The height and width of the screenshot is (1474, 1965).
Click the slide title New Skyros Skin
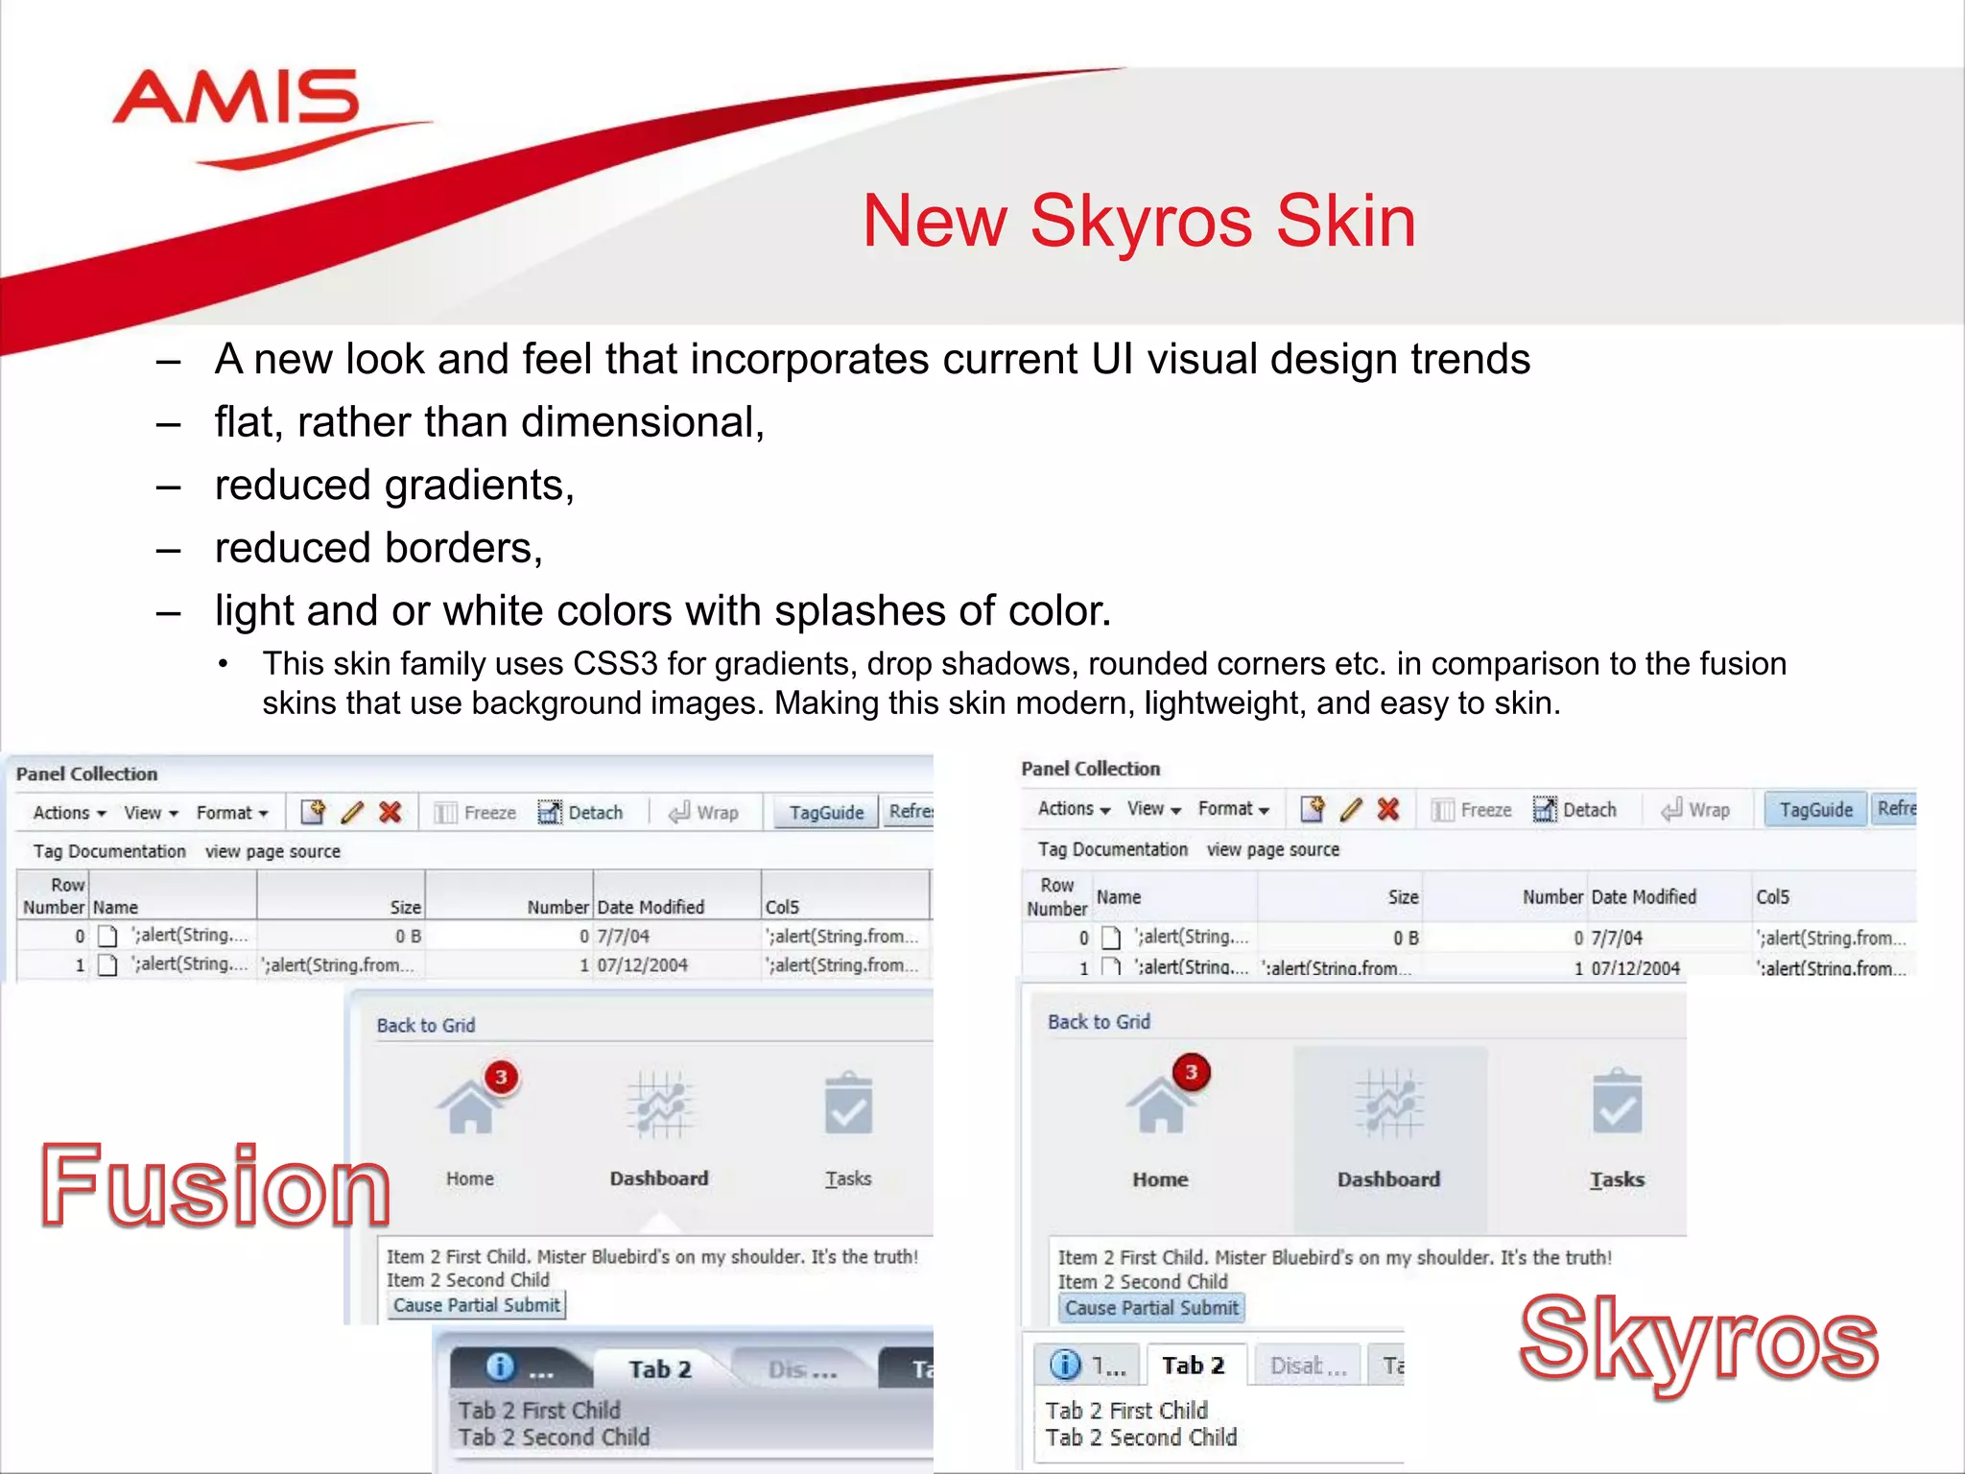click(x=1138, y=222)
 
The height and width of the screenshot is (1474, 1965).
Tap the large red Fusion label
click(x=215, y=1186)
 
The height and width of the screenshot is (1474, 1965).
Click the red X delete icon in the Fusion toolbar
click(x=390, y=813)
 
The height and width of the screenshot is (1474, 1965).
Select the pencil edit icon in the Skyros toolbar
click(x=1351, y=810)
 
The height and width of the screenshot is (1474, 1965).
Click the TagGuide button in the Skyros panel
click(x=1815, y=810)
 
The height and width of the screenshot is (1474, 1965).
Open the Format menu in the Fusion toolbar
click(x=231, y=813)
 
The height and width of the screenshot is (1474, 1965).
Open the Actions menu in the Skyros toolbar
click(x=1074, y=809)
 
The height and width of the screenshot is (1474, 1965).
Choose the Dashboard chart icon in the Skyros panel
click(x=1388, y=1105)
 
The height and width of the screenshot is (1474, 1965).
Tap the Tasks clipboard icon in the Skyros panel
click(x=1617, y=1104)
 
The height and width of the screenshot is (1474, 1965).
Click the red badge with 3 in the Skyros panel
click(x=1191, y=1072)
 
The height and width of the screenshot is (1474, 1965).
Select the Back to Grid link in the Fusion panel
click(x=425, y=1025)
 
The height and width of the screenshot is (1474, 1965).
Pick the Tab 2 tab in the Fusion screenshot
click(x=660, y=1369)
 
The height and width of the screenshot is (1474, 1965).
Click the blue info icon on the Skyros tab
click(x=1065, y=1365)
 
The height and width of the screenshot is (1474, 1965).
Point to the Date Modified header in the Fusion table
click(x=651, y=907)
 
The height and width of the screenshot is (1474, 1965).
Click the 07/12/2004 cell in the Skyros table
click(x=1635, y=968)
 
